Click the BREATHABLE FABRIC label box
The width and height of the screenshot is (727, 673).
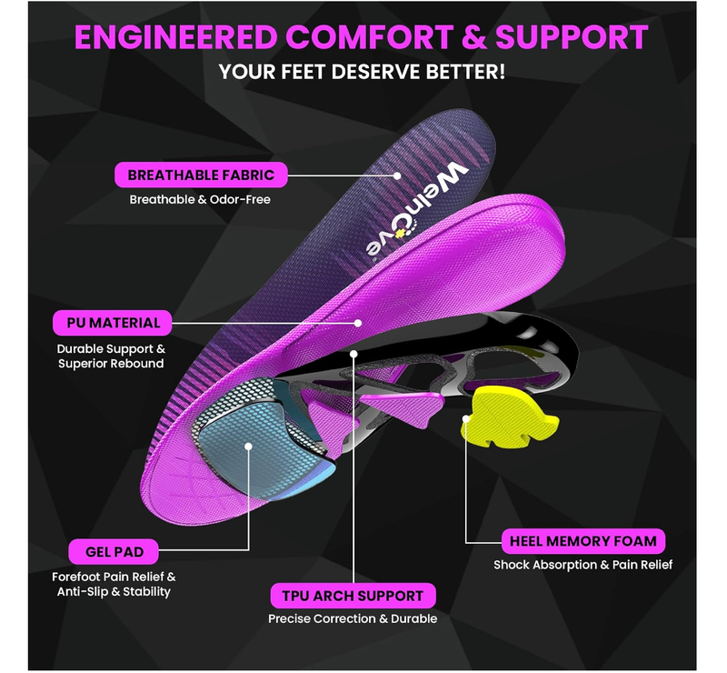(x=194, y=175)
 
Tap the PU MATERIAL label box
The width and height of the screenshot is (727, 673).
(x=114, y=322)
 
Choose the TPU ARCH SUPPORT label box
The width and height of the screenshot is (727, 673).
(x=353, y=596)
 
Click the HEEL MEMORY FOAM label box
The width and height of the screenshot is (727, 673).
(x=583, y=541)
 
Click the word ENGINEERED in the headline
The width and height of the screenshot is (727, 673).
(x=175, y=38)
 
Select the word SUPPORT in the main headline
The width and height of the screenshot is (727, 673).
(x=570, y=38)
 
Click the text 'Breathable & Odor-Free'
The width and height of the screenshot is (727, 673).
(x=199, y=199)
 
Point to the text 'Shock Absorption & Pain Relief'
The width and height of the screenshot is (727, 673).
(x=583, y=565)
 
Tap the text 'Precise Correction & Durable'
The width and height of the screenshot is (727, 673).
(x=353, y=618)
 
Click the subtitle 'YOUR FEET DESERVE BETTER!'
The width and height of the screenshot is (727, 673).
(x=362, y=71)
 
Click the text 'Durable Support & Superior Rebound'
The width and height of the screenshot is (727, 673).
(x=111, y=356)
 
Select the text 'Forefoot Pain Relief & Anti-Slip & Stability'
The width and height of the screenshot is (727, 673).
(x=114, y=584)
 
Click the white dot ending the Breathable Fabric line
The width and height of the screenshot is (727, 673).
(x=397, y=175)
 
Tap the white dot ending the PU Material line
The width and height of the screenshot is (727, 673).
(x=359, y=322)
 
